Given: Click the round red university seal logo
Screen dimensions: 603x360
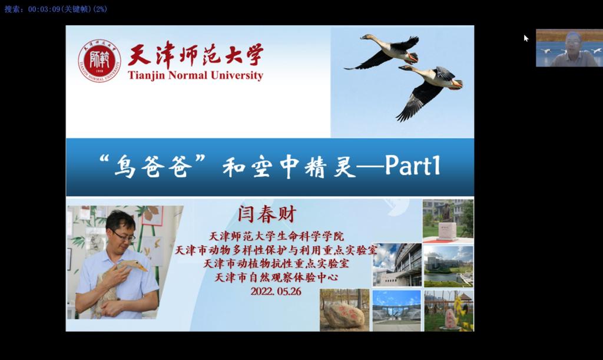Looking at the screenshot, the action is tap(100, 60).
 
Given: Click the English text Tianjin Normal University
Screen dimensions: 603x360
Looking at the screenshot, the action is tap(196, 75).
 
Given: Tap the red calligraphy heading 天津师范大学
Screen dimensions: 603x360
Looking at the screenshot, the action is tap(196, 54).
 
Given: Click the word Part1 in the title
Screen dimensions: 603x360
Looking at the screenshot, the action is tap(413, 166).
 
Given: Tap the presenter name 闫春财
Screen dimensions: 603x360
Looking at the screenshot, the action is tap(267, 214).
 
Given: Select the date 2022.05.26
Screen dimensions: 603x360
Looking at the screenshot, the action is tap(276, 292).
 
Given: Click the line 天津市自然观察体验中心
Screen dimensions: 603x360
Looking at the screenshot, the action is tap(276, 278).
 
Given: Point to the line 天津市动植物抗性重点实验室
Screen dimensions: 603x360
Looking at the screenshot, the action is tap(276, 263).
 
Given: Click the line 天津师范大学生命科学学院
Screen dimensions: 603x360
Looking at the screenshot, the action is tap(276, 236).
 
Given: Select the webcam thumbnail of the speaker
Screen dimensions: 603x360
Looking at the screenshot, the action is tap(569, 48).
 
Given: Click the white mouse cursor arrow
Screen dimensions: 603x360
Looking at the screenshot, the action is tap(526, 38).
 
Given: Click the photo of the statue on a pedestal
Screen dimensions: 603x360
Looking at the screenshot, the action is tap(448, 221).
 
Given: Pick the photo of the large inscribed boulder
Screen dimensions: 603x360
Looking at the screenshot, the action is tap(344, 310).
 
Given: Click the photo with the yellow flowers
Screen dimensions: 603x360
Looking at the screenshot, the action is tap(449, 311).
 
